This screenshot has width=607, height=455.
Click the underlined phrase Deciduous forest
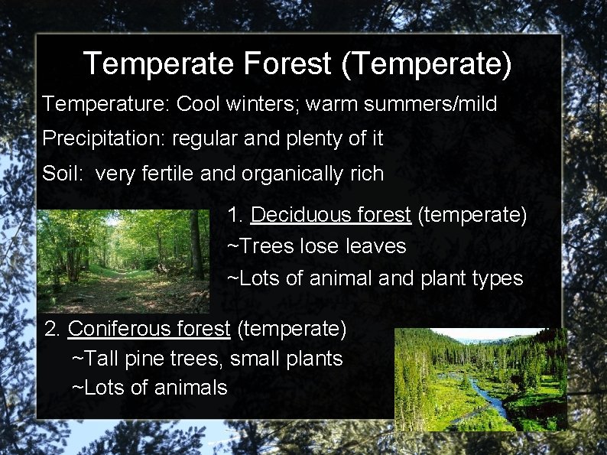click(x=330, y=215)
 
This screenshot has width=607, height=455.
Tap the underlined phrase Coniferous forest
click(x=149, y=329)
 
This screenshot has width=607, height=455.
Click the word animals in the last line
click(x=190, y=388)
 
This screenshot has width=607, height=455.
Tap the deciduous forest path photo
click(x=122, y=260)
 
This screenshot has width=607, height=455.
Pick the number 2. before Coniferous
click(x=53, y=329)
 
